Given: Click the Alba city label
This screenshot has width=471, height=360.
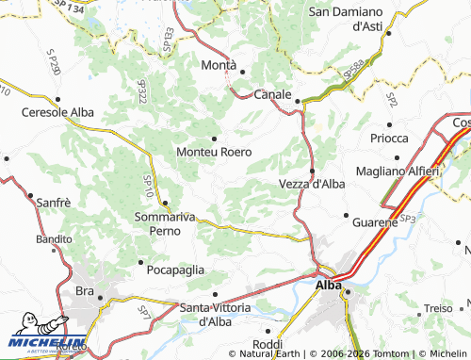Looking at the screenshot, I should point(329,285).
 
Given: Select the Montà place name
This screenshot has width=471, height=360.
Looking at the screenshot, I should point(219,65).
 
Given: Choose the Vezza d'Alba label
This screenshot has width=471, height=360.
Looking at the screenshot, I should point(312,184).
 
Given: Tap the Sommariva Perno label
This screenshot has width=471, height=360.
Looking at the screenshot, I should point(165,223).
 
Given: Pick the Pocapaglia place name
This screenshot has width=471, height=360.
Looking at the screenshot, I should point(176,270).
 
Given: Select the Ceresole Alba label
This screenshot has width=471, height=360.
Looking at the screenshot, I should point(57,112).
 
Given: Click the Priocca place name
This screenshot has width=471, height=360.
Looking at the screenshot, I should point(389,138).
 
